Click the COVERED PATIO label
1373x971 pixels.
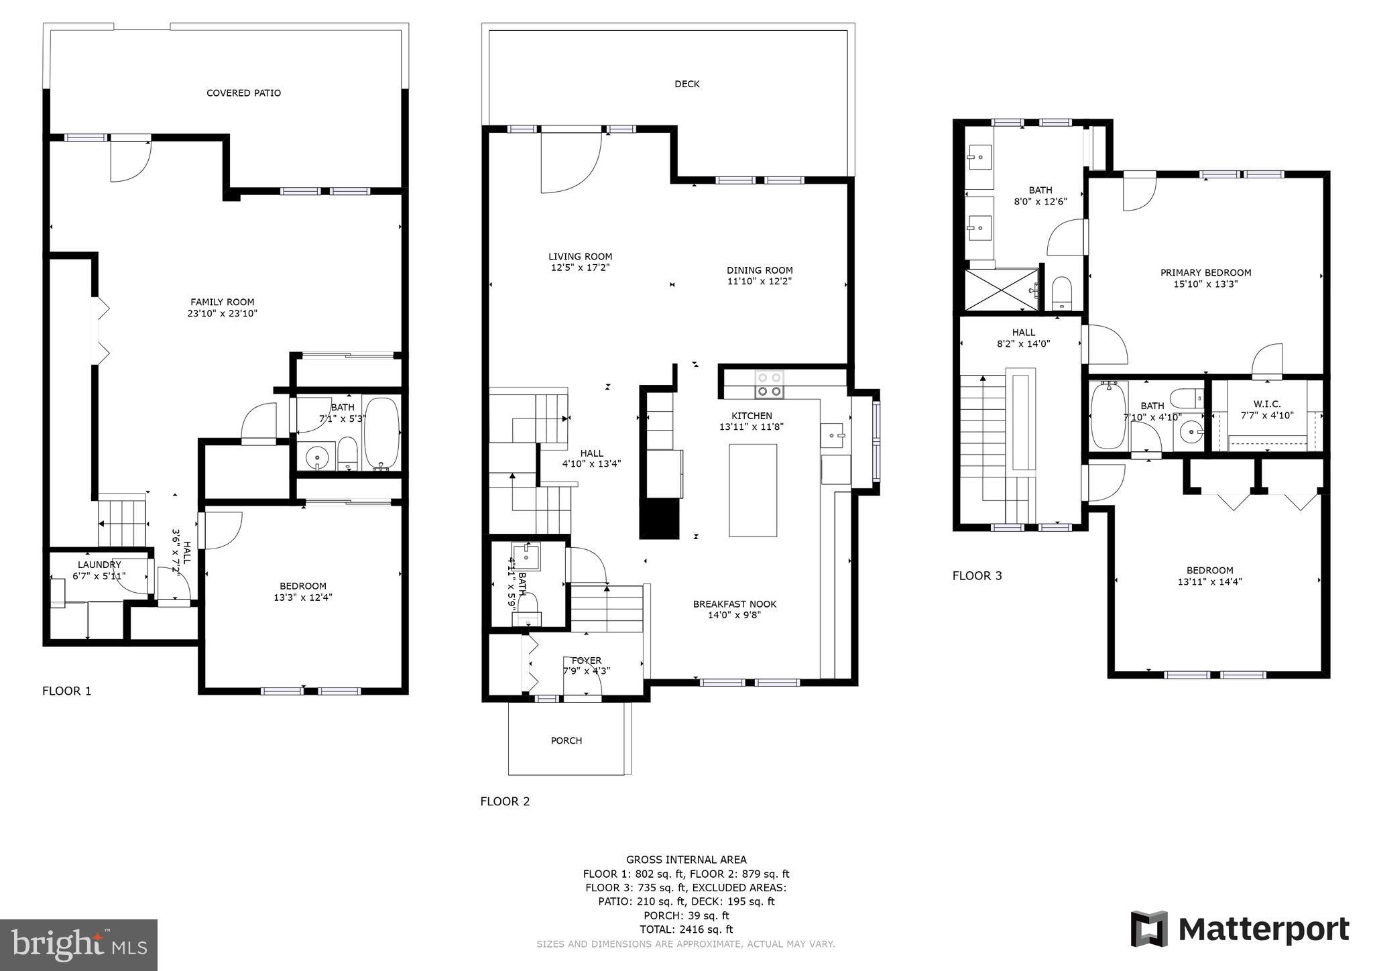pos(243,93)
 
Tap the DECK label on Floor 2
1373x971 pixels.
pos(686,84)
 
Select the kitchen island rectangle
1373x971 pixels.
pos(752,490)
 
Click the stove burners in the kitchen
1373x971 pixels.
pos(769,384)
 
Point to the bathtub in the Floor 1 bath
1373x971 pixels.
pos(381,433)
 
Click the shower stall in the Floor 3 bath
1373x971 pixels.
pos(1001,290)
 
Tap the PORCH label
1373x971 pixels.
pos(566,740)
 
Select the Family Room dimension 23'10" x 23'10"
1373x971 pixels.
pos(223,313)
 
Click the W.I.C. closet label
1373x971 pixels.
pos(1266,404)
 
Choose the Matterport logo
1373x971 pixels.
pos(1240,929)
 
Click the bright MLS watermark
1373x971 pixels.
pos(78,945)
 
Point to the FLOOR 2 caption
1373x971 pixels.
pos(505,801)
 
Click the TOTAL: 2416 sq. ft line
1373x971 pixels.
pos(686,929)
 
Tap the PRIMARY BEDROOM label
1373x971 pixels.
pos(1205,273)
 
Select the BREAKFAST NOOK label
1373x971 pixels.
pos(734,604)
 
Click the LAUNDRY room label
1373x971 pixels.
pos(99,565)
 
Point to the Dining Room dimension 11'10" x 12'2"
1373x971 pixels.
pos(760,282)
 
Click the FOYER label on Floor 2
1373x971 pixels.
pos(586,661)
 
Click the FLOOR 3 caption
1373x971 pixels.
pos(977,575)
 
